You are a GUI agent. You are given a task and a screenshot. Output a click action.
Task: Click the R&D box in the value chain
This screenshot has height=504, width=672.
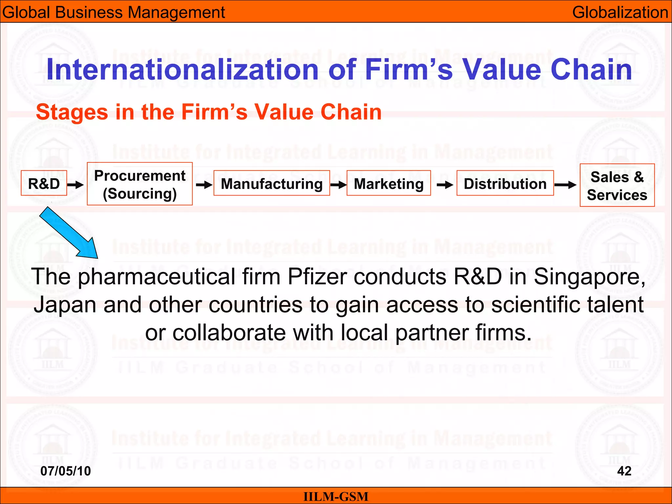tap(44, 183)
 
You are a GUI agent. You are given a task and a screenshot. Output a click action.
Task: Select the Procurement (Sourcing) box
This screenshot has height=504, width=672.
tap(140, 184)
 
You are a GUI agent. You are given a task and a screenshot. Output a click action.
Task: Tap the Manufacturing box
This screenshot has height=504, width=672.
tap(272, 183)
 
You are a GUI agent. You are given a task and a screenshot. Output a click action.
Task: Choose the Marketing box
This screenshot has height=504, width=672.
tap(388, 183)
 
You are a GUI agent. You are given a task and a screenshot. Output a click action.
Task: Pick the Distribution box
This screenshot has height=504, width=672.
tap(505, 183)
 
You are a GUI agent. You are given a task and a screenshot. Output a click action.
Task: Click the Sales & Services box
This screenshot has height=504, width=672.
tap(617, 185)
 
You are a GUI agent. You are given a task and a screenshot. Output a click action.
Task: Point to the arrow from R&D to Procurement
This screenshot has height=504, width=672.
tap(75, 185)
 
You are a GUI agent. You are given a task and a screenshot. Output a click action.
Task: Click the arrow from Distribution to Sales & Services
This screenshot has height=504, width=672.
tap(565, 185)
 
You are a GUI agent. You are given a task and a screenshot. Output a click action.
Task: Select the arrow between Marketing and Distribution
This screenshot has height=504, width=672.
tap(445, 185)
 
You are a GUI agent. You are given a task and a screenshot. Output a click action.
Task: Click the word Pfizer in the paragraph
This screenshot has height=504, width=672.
tap(317, 277)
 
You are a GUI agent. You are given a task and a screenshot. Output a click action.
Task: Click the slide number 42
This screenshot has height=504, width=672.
tap(624, 471)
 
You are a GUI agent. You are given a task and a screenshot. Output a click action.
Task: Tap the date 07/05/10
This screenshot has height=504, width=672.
tap(66, 471)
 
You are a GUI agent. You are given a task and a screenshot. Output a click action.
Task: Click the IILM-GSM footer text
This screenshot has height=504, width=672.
tap(336, 496)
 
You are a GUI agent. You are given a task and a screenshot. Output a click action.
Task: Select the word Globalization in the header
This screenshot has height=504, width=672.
tap(620, 12)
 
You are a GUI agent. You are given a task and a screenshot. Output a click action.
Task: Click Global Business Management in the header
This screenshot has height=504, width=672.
tap(114, 12)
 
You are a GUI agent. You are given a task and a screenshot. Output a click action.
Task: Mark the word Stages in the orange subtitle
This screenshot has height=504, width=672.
tap(72, 112)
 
